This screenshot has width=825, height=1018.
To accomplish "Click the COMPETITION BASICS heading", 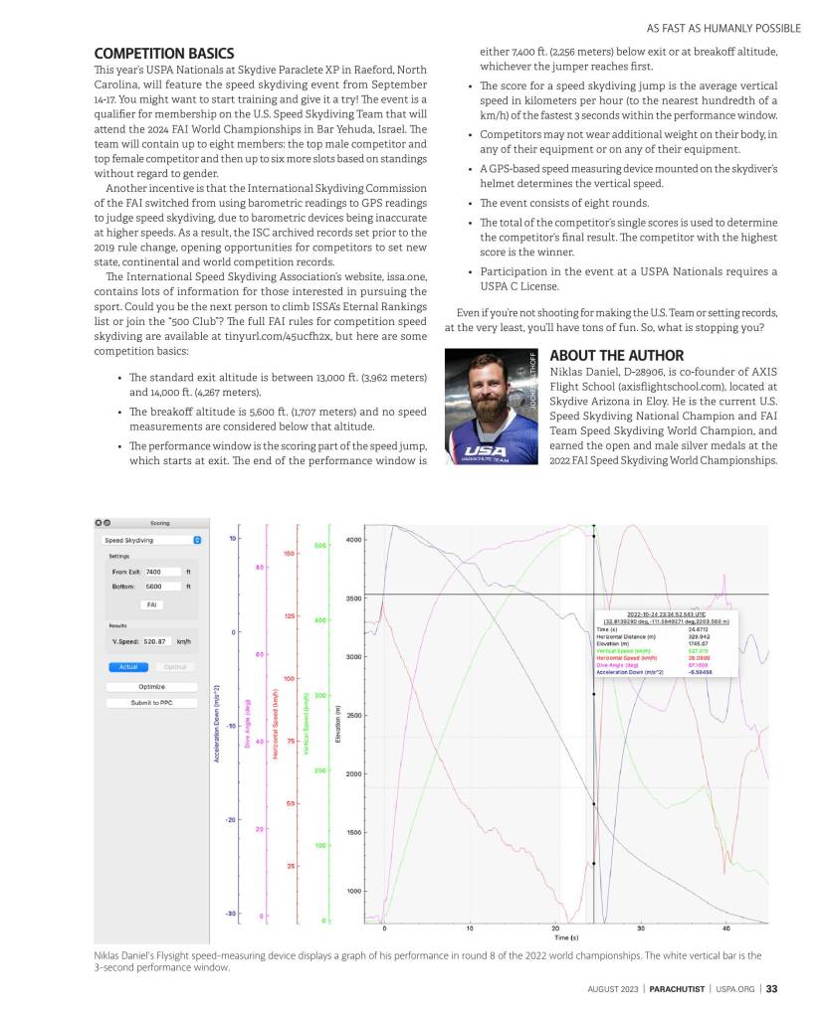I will pos(164,53).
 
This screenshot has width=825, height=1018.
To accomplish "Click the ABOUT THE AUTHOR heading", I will pos(616,355).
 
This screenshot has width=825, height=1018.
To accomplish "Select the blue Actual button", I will pos(126,666).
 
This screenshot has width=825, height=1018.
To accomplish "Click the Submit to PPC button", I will pos(151,703).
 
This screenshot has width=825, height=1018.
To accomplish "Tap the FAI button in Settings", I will pos(151,603).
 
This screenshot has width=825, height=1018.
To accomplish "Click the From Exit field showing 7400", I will pos(161,572).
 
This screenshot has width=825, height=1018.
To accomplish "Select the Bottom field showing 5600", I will pos(161,587).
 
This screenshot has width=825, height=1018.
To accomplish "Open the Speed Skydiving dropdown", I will pos(151,540).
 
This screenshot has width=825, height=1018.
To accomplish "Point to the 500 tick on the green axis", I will pos(320,546).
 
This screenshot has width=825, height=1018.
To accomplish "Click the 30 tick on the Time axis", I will pos(640,928).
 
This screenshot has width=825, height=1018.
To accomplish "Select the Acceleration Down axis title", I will pos(217,723).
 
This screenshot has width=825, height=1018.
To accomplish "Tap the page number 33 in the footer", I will pos(771,989).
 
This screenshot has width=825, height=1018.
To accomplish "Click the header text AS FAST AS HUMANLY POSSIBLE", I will pos(710,28).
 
